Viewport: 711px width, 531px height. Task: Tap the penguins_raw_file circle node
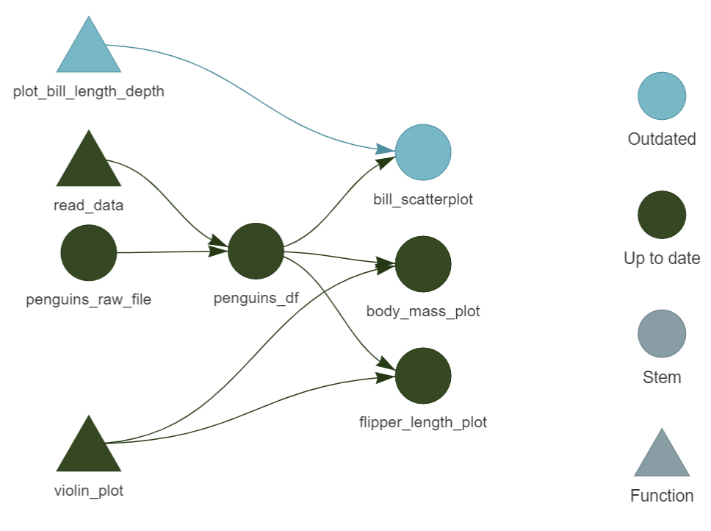coord(89,252)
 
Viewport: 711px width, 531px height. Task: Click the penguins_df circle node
coord(256,251)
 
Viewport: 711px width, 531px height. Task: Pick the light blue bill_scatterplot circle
coord(423,152)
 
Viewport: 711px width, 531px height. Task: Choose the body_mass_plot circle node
coord(423,264)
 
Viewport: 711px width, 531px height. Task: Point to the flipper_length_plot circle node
coord(423,376)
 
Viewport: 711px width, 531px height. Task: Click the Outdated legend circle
coord(662,96)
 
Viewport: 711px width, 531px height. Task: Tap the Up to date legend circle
coord(662,215)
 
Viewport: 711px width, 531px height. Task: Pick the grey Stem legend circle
coord(662,333)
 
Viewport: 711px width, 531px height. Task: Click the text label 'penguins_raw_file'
coord(89,299)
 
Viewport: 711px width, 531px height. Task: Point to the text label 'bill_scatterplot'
coord(423,199)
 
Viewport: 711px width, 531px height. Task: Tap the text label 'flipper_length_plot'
coord(423,422)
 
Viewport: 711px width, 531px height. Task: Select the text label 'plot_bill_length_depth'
coord(89,92)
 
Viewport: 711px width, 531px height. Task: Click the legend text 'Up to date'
coord(662,258)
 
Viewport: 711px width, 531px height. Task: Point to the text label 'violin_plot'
coord(89,491)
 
